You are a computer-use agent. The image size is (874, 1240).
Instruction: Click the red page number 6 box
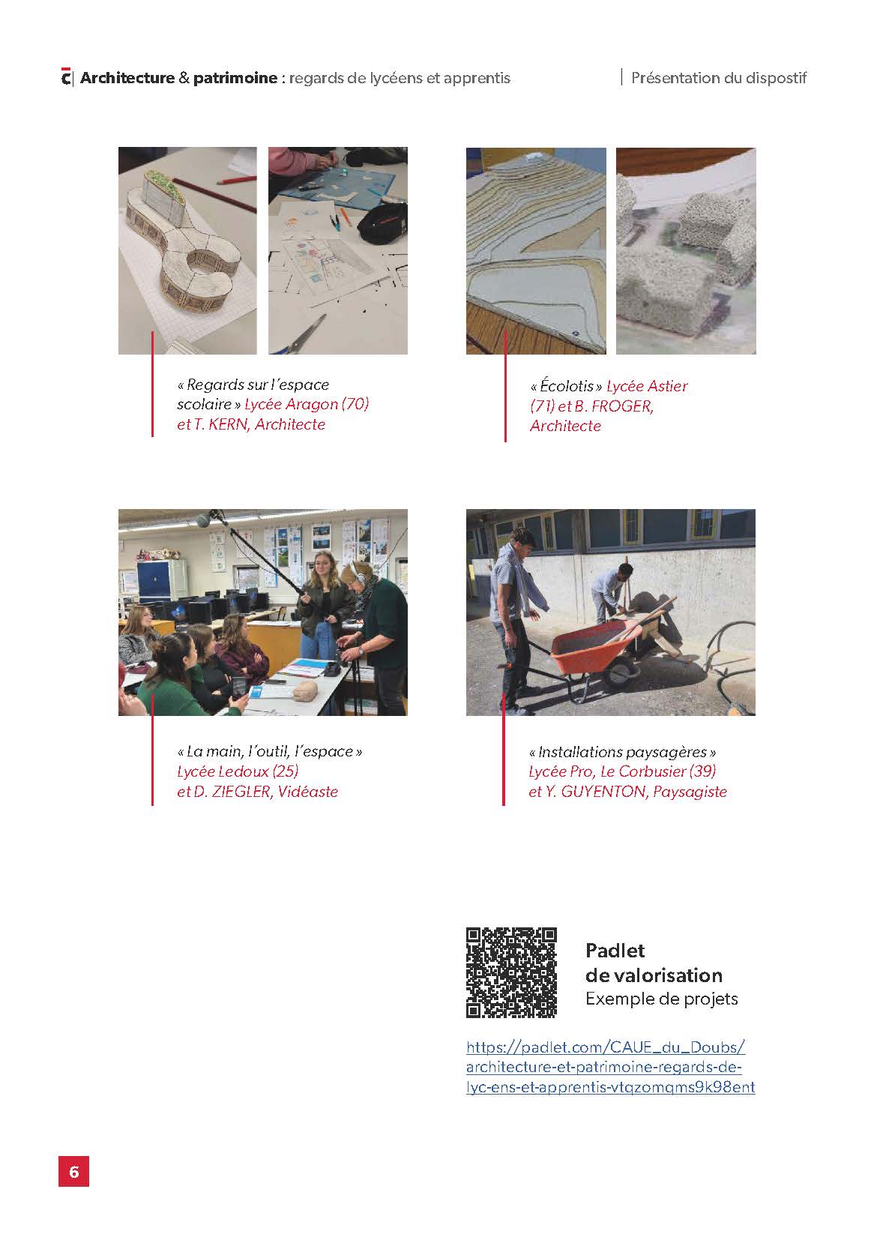point(73,1171)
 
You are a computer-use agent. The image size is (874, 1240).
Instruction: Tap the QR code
point(511,972)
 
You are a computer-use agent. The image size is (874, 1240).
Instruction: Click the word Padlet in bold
point(615,950)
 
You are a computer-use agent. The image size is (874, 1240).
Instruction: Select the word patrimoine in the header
point(235,78)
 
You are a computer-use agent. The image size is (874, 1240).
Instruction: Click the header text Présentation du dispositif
point(718,77)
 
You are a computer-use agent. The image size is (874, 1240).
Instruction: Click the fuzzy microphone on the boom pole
point(204,520)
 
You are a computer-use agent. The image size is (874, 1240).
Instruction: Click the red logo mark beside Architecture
point(66,77)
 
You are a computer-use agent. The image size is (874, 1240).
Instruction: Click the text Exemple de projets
point(661,999)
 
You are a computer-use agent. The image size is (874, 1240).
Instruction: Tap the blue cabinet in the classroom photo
point(155,582)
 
